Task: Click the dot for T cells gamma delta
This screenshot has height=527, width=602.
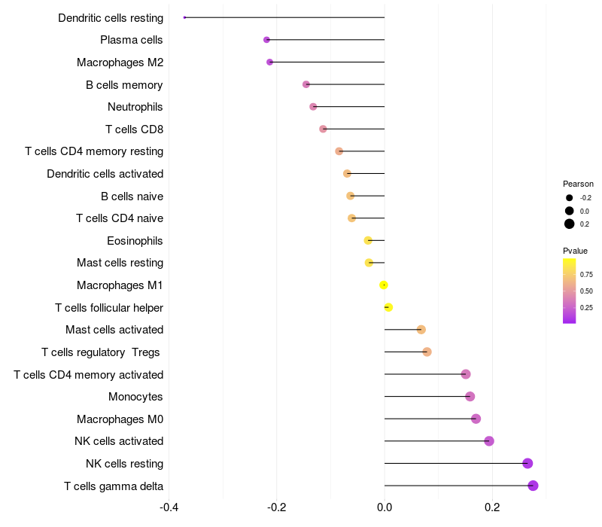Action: (533, 486)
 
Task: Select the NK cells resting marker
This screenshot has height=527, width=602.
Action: (528, 463)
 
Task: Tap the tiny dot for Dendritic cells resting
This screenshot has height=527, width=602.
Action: (184, 17)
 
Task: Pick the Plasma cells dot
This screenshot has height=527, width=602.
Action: (266, 40)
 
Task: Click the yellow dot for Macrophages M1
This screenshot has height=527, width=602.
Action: (384, 285)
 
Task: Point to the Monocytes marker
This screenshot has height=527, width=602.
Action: (470, 397)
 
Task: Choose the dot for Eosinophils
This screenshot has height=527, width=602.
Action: (368, 241)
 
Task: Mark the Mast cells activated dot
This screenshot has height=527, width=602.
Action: (421, 330)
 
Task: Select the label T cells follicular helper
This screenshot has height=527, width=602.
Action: (109, 307)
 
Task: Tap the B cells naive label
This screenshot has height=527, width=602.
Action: (132, 196)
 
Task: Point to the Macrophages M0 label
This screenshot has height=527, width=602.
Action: (120, 419)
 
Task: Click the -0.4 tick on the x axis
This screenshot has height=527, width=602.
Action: (169, 507)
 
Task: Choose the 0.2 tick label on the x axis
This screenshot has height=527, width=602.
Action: (492, 507)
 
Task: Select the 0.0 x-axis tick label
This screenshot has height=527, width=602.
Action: (385, 507)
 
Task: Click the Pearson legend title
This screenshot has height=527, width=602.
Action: (578, 184)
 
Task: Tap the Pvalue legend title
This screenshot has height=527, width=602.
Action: (575, 251)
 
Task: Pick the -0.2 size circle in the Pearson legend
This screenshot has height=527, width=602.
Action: (570, 198)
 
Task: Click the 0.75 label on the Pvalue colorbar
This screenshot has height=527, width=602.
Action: (586, 275)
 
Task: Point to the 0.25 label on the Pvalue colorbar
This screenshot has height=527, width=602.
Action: (586, 307)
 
